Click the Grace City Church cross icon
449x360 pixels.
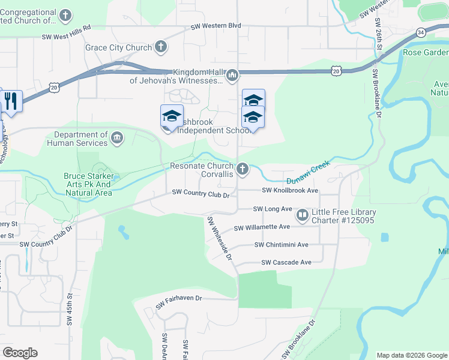click(160, 46)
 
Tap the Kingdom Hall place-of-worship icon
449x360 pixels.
click(232, 75)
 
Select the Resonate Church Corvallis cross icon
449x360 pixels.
click(243, 169)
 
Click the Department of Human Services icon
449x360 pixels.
click(118, 139)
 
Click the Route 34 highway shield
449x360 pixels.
click(423, 32)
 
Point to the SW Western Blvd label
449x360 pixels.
click(215, 26)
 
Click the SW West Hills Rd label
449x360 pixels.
click(66, 36)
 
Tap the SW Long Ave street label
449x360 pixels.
click(273, 209)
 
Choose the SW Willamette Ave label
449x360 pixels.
click(262, 227)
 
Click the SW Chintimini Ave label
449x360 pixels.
click(281, 245)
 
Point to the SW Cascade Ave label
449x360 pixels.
click(286, 262)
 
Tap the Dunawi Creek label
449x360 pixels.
click(308, 172)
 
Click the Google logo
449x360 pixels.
click(20, 353)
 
